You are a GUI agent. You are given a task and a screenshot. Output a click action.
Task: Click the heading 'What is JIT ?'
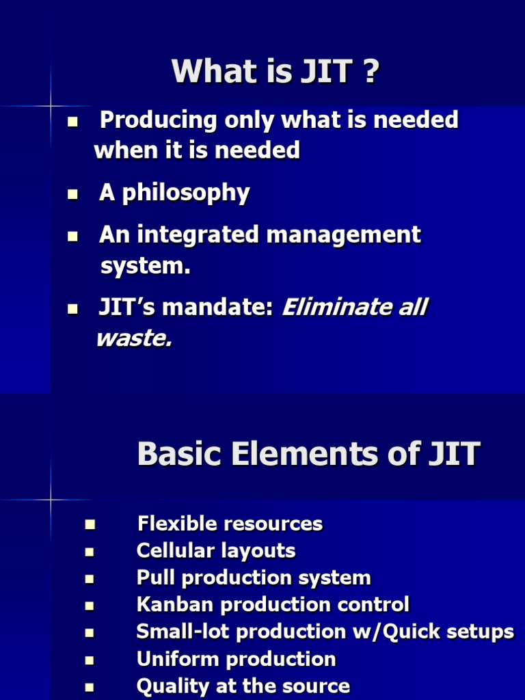tap(275, 72)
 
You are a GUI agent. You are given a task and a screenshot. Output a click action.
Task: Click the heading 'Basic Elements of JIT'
tap(308, 454)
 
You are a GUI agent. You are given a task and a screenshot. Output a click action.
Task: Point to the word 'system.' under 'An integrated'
tap(145, 267)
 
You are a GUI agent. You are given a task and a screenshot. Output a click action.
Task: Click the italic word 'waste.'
tap(133, 338)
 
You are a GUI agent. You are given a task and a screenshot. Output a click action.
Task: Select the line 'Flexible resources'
tap(230, 524)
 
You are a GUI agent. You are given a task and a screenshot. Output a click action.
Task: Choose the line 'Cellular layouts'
tap(216, 551)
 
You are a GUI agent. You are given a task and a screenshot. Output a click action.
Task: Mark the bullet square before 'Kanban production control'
tap(89, 606)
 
